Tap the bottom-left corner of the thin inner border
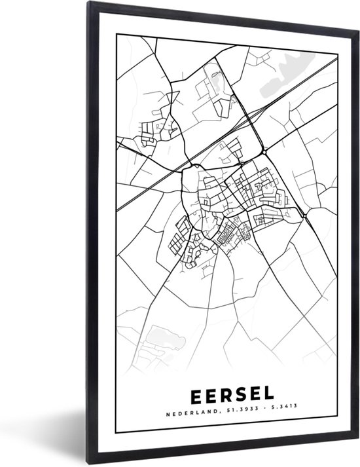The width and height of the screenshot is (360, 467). pos(117,432)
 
